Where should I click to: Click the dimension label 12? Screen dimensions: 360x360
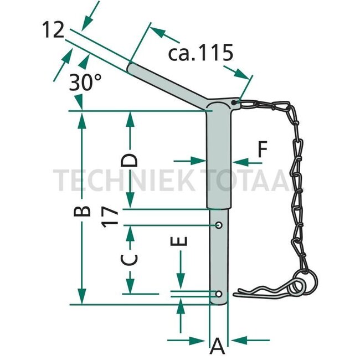click(x=53, y=30)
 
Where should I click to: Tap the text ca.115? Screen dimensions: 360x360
click(x=200, y=53)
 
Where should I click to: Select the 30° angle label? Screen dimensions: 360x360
click(x=85, y=83)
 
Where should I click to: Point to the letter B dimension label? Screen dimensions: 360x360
click(x=82, y=211)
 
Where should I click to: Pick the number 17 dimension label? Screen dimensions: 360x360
click(x=110, y=217)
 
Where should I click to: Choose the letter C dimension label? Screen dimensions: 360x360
click(x=129, y=260)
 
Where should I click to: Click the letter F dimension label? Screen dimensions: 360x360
click(x=263, y=149)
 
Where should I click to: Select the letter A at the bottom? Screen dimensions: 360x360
click(x=217, y=346)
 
